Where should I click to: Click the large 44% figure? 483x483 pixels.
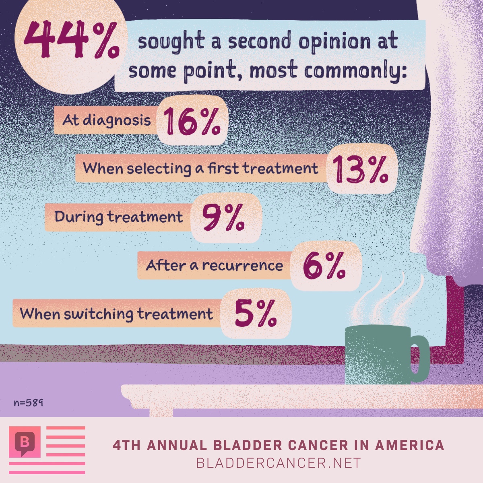pyautogui.click(x=71, y=40)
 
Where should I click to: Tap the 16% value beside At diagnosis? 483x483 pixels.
pyautogui.click(x=192, y=122)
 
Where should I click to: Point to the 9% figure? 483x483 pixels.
pyautogui.click(x=223, y=217)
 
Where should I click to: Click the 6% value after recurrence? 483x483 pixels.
pyautogui.click(x=324, y=266)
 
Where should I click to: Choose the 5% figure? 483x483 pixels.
pyautogui.click(x=256, y=314)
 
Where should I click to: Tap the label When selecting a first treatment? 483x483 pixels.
pyautogui.click(x=200, y=168)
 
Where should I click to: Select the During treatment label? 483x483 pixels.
pyautogui.click(x=119, y=217)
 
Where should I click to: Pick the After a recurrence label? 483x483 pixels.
pyautogui.click(x=215, y=265)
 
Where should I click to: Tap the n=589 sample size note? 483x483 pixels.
pyautogui.click(x=28, y=402)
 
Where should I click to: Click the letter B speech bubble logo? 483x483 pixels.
pyautogui.click(x=25, y=442)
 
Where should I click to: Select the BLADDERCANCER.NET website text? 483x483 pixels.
pyautogui.click(x=278, y=463)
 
